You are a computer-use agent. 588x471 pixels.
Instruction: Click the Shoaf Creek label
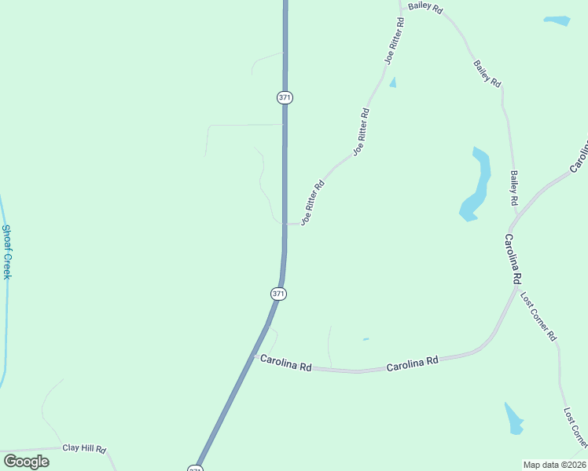(x=6, y=252)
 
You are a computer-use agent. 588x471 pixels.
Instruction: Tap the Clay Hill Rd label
(x=84, y=449)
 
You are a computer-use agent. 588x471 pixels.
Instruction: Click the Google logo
(x=26, y=462)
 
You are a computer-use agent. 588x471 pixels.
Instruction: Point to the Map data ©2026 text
(x=554, y=465)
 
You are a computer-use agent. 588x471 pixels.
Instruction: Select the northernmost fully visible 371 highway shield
(x=285, y=97)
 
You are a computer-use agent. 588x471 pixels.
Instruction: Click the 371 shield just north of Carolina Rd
(x=278, y=294)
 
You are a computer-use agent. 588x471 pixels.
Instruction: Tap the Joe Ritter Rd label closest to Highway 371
(x=312, y=204)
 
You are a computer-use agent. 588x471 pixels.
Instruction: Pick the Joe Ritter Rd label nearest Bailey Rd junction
(x=394, y=40)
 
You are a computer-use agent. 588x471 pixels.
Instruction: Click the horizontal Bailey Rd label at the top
(x=425, y=10)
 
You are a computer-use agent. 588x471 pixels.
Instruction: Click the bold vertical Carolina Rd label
(x=513, y=259)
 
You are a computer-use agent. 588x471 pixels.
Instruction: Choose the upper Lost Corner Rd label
(x=538, y=316)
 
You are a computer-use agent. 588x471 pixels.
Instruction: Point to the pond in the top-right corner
(x=557, y=20)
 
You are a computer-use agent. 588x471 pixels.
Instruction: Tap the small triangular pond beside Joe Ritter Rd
(x=392, y=82)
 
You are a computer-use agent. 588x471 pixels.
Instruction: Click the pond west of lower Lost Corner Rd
(x=514, y=419)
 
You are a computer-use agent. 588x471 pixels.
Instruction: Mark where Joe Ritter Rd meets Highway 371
(x=285, y=225)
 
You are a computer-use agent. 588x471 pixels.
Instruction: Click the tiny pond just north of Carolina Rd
(x=366, y=340)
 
